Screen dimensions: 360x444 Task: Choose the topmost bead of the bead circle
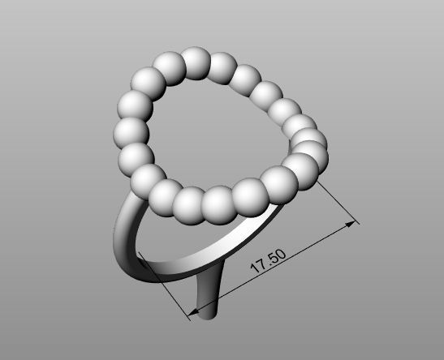tap(195, 63)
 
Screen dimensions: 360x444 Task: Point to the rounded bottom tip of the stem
tap(208, 314)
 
